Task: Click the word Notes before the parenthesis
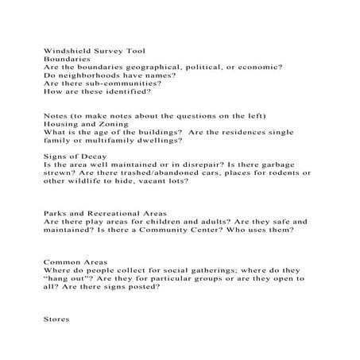pyautogui.click(x=56, y=116)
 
